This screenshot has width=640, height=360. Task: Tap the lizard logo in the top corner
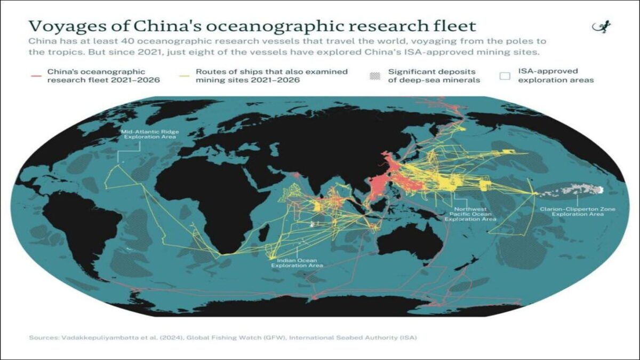603,27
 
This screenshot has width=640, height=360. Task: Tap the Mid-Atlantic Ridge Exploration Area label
149,133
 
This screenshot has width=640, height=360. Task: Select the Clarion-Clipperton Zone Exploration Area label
578,212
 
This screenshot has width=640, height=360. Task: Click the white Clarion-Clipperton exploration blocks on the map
579,188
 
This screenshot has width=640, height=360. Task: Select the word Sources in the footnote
43,338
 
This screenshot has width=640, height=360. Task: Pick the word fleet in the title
454,26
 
